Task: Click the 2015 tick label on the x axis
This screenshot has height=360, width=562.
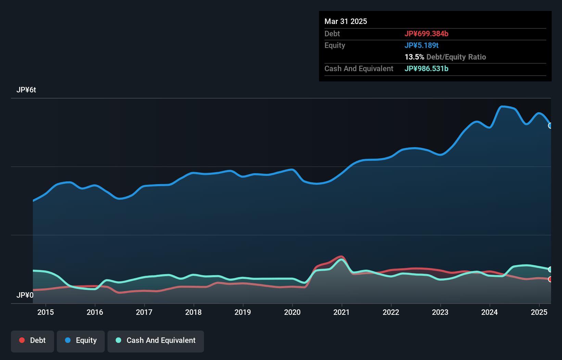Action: tap(46, 312)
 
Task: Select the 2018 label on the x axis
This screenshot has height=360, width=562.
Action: tap(193, 312)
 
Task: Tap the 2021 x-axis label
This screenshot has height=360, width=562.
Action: tap(341, 312)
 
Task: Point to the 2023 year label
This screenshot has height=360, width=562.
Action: tap(440, 312)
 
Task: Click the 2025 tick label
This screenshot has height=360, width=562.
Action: tap(539, 312)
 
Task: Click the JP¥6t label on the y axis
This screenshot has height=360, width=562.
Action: tap(26, 90)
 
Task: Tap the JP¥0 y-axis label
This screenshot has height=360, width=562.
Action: tap(25, 295)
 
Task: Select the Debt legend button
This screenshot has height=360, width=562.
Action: tap(33, 340)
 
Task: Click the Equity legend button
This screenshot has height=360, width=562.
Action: tap(81, 340)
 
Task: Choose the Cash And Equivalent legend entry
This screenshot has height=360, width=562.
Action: tap(156, 340)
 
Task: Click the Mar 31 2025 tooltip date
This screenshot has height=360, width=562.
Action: tap(346, 21)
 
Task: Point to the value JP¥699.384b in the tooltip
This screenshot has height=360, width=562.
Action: tap(426, 34)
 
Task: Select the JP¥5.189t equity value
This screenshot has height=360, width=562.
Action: tap(421, 45)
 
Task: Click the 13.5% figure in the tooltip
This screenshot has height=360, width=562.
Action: tap(414, 57)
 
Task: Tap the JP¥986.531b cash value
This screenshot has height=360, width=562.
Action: tap(426, 68)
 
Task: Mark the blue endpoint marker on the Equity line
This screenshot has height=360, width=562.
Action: tap(550, 126)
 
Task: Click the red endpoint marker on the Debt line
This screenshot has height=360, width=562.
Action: tap(550, 279)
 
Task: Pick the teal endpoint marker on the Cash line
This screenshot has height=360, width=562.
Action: tap(550, 269)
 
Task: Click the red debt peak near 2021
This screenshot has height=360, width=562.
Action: tap(340, 256)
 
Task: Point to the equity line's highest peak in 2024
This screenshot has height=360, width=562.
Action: tap(502, 106)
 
